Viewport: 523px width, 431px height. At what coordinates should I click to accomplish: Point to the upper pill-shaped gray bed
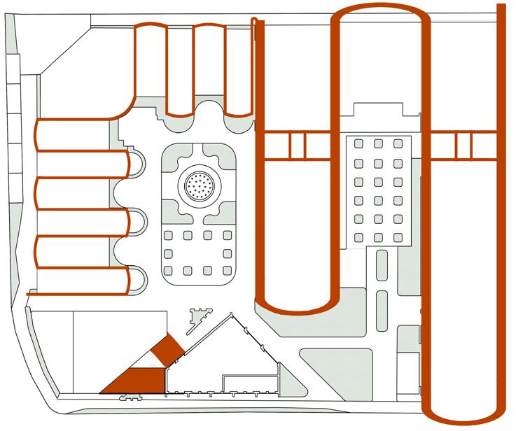tap(382, 267)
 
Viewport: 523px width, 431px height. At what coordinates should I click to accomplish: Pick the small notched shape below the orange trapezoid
tap(127, 397)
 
